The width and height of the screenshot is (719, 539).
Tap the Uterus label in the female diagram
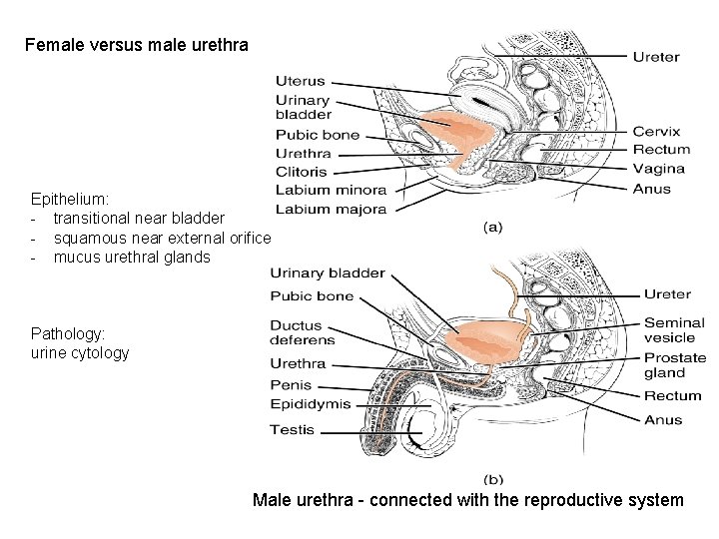300,81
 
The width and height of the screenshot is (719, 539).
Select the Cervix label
656,131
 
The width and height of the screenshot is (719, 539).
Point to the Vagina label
658,170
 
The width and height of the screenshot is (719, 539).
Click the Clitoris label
302,172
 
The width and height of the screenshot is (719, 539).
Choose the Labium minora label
330,190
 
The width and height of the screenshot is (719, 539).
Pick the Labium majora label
330,209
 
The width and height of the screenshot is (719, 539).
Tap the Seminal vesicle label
674,330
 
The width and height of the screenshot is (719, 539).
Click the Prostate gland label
674,365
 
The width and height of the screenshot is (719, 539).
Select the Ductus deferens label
302,332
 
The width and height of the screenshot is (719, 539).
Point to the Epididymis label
311,404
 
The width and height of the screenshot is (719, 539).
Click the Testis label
292,430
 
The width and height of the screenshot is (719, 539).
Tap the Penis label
291,385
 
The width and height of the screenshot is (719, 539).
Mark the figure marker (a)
492,228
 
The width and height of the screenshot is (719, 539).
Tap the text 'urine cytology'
80,352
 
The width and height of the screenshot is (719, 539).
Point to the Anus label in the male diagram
663,419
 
